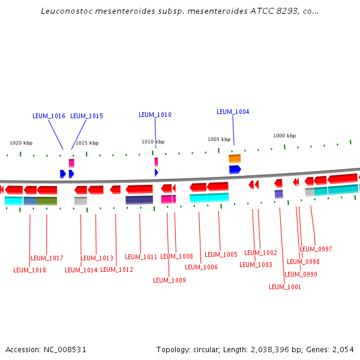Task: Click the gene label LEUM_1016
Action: [x=49, y=116]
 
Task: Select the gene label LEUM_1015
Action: [x=86, y=116]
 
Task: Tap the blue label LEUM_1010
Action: [x=155, y=115]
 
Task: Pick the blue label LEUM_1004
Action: [x=233, y=112]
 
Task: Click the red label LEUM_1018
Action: [x=29, y=270]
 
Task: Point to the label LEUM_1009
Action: [x=169, y=280]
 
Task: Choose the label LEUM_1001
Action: [x=285, y=287]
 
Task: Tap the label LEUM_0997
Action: [x=316, y=249]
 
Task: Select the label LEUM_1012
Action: [x=116, y=269]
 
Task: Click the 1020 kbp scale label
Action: [x=21, y=143]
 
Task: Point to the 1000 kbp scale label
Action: [x=284, y=136]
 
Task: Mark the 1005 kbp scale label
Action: [x=219, y=139]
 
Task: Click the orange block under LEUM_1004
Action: [x=235, y=159]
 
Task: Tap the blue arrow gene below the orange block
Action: [x=235, y=169]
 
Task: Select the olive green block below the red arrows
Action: [x=47, y=200]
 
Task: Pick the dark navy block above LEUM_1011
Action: [x=139, y=200]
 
